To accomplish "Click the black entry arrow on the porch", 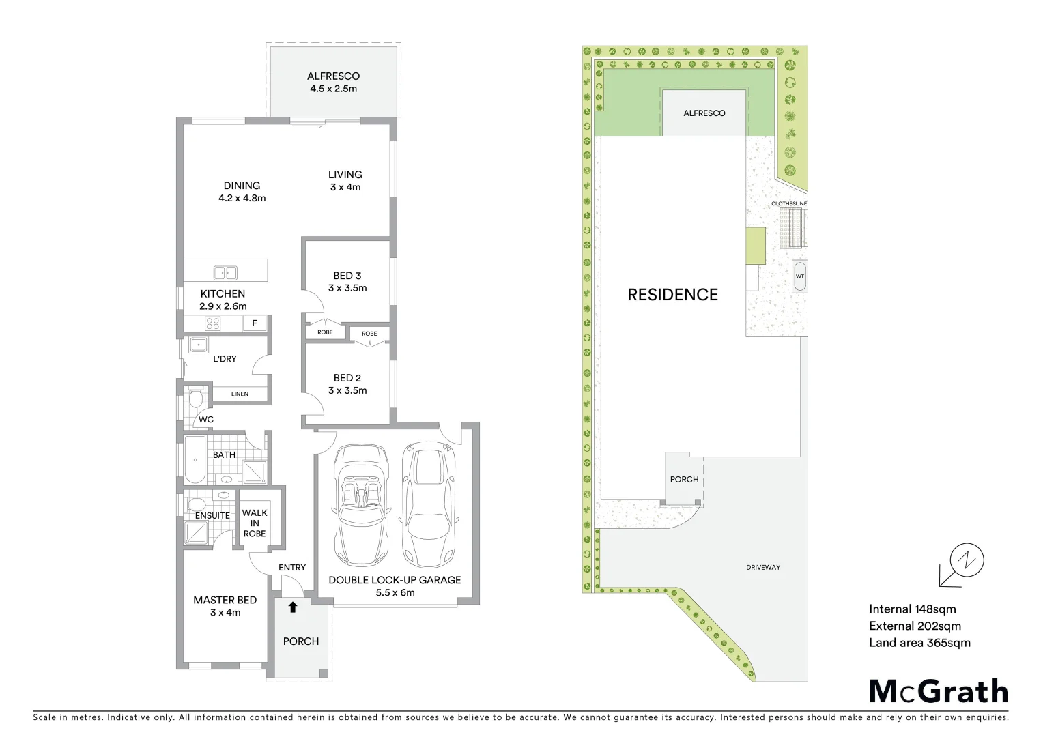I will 293,607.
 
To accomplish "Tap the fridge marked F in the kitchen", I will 255,323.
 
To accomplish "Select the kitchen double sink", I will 225,273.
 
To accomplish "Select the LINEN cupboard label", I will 240,394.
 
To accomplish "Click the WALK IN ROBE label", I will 255,523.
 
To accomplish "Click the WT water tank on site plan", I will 800,276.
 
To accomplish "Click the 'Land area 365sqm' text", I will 919,642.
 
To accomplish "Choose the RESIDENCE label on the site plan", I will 672,295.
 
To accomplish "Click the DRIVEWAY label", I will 763,567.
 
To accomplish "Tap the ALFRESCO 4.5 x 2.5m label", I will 333,82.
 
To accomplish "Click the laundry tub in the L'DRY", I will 199,345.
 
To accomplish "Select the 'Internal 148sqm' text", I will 913,609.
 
